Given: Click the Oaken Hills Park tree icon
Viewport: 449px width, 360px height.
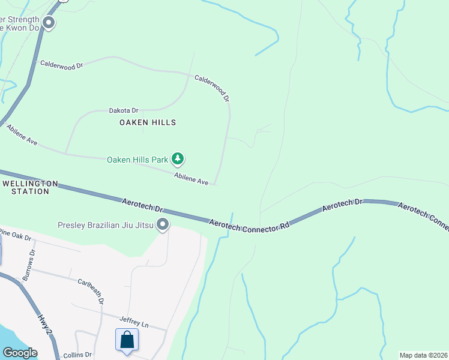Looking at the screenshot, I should [x=177, y=159].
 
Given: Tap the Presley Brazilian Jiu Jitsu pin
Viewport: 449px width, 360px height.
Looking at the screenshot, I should [x=163, y=225].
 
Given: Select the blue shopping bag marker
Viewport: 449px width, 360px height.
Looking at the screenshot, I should [x=127, y=340].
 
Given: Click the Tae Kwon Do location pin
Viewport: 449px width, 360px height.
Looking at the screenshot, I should [x=49, y=23].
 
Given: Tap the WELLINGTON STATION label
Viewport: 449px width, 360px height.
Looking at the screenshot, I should [x=30, y=187].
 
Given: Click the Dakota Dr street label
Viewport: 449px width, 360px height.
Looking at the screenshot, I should [x=124, y=110].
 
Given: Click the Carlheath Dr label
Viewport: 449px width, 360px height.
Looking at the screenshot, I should [x=91, y=290].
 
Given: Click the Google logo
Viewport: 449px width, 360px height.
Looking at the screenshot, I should [x=20, y=353].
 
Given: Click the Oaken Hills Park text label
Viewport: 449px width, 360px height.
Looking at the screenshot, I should [x=137, y=160].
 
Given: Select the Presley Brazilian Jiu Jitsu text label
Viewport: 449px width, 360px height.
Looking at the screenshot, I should [x=105, y=226].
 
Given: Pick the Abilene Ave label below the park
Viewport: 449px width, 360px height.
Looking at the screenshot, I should [x=191, y=178].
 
